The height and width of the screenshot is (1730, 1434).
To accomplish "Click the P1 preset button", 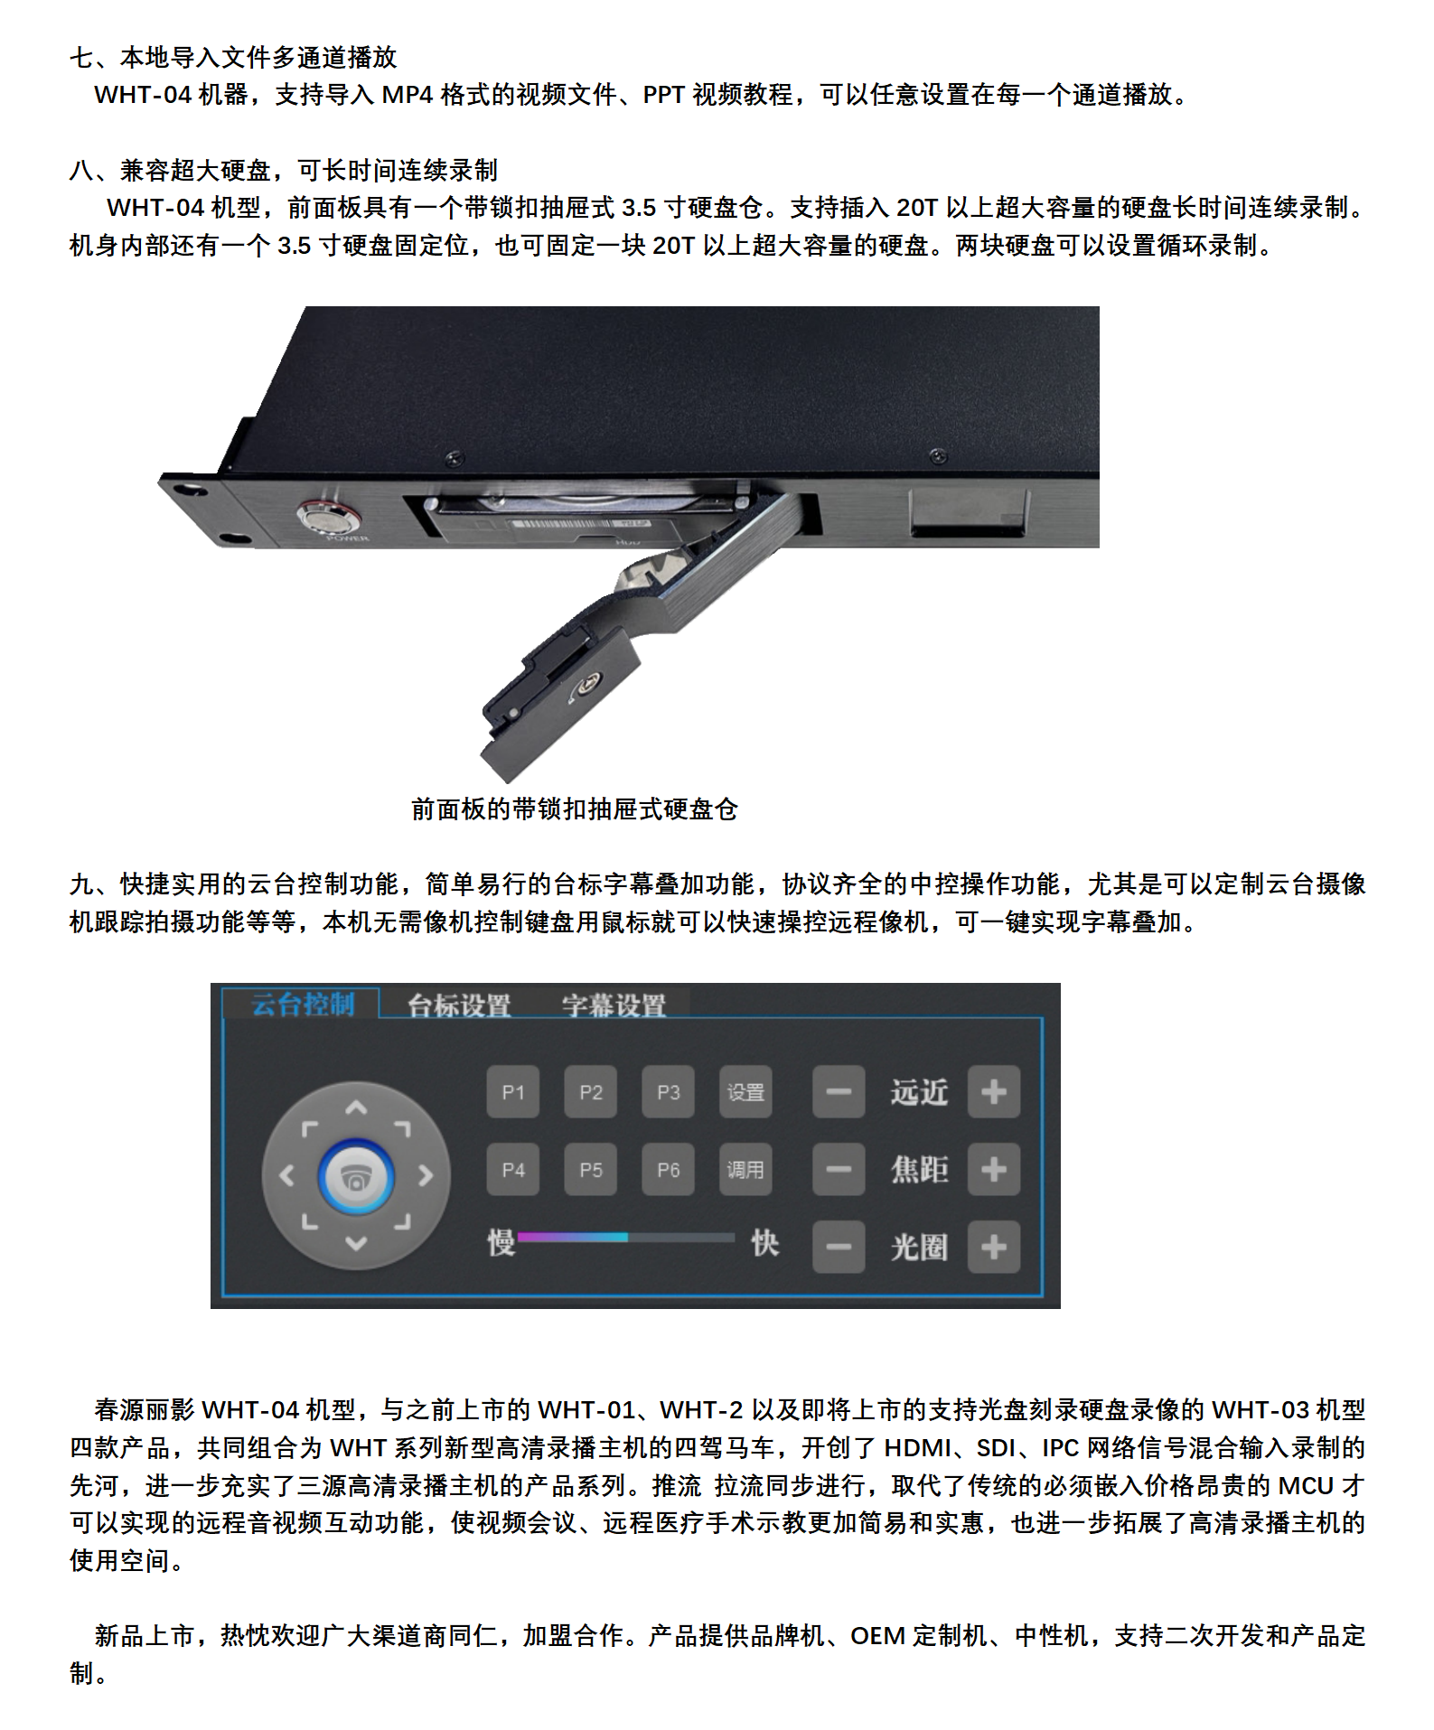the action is click(513, 1092).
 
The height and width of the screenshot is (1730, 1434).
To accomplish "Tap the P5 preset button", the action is click(591, 1170).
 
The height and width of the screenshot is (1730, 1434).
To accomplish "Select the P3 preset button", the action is click(669, 1092).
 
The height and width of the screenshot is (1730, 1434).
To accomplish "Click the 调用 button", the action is click(746, 1170).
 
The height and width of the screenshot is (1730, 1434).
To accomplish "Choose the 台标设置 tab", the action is click(459, 1005).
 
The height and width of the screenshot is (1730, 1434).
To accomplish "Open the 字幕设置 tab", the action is click(614, 1005).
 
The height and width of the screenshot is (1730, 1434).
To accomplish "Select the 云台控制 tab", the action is click(303, 1004).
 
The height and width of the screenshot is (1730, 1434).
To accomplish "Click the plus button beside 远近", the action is click(994, 1092).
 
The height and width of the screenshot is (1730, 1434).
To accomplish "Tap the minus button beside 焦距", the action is click(839, 1170).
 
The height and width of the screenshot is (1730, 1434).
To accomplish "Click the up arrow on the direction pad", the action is click(356, 1108).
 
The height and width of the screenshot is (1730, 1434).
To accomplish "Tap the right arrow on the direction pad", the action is click(426, 1175).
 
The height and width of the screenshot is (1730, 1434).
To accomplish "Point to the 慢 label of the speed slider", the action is click(501, 1243).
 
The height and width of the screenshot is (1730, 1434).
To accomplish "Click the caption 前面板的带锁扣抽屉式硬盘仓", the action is click(575, 809).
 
